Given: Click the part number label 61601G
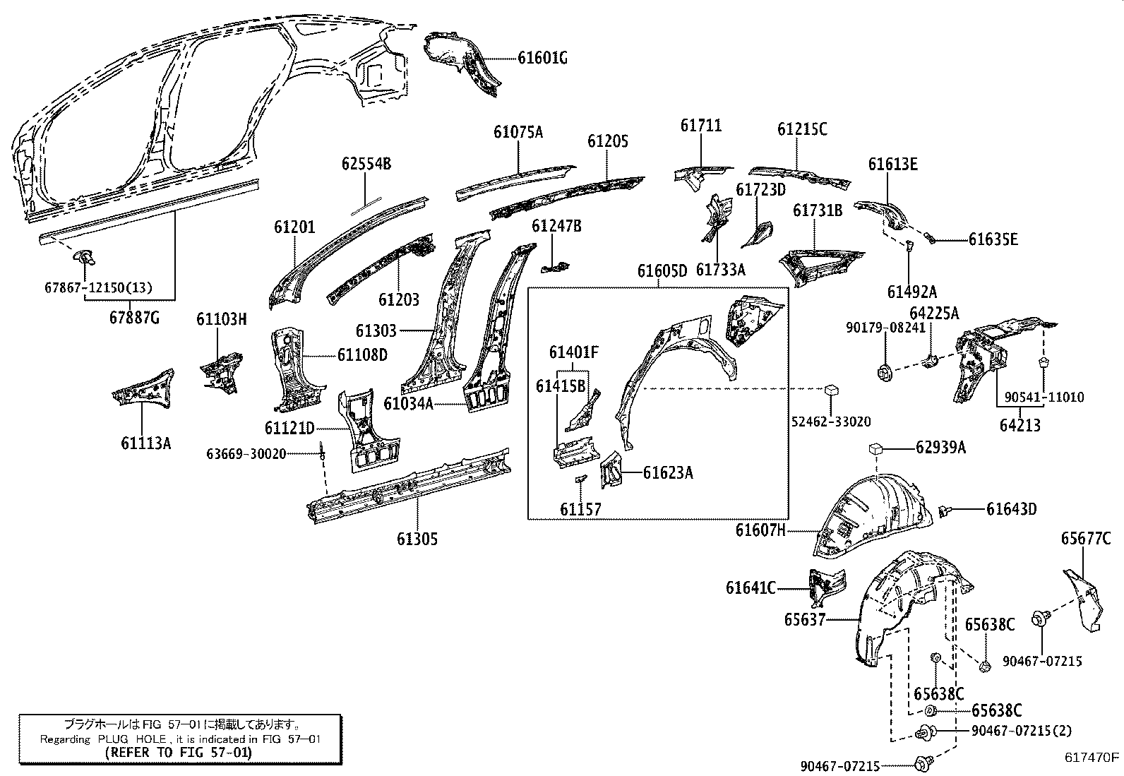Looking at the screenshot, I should click(542, 59).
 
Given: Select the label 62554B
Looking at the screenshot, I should click(366, 165).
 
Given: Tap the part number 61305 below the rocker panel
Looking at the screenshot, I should click(417, 539).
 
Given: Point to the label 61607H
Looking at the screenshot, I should click(760, 530).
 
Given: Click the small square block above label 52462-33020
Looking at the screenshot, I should click(831, 390).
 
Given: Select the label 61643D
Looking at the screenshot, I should click(1011, 509).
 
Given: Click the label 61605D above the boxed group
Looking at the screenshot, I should click(662, 271).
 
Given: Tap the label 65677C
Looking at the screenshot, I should click(1085, 539).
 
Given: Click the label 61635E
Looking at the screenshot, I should click(993, 239).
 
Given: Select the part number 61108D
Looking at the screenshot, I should click(362, 354).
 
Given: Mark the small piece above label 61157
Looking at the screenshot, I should click(579, 479).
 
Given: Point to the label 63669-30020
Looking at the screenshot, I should click(246, 453).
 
